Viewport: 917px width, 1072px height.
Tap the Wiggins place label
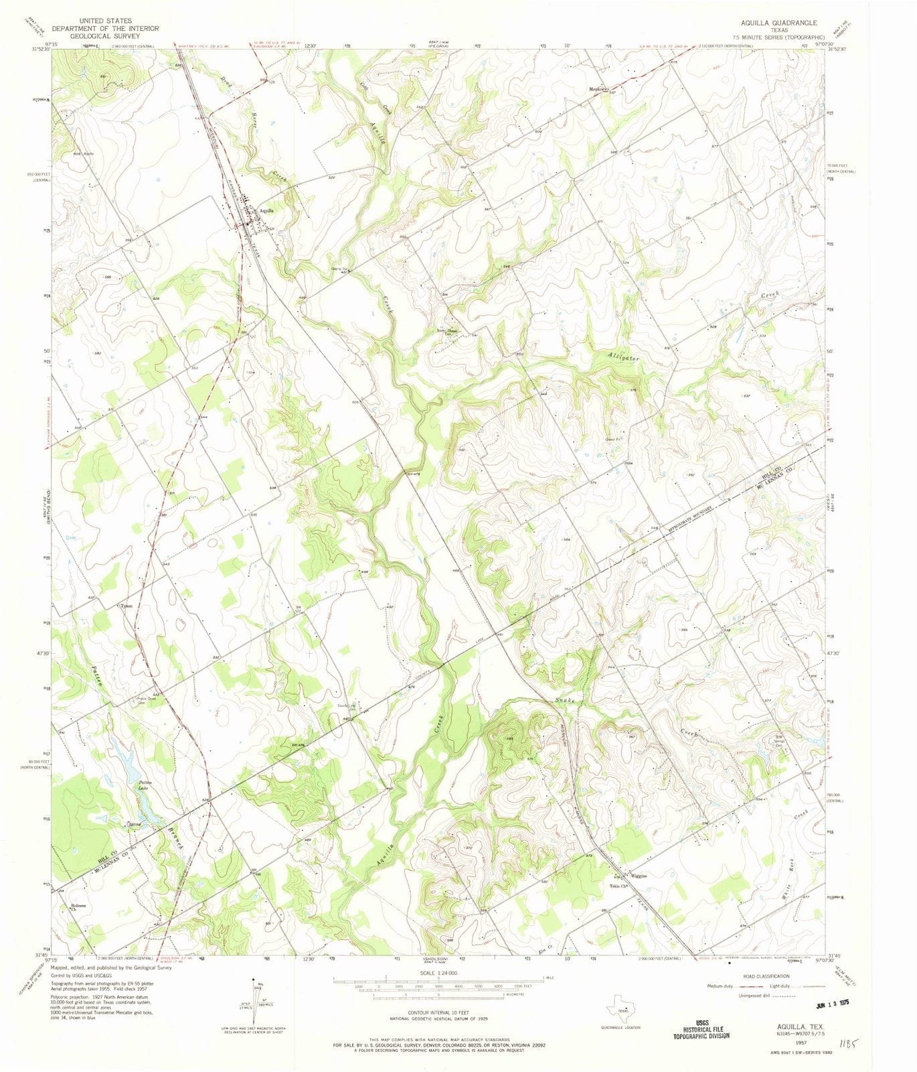pyautogui.click(x=640, y=875)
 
